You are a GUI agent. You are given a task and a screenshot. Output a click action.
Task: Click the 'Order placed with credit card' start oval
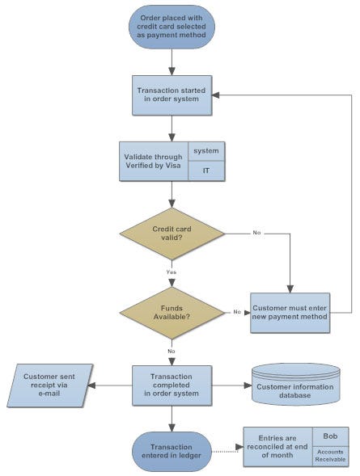[172, 27]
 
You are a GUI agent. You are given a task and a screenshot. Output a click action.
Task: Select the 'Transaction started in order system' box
[172, 95]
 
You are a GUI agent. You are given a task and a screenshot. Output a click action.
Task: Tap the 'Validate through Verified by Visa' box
[153, 162]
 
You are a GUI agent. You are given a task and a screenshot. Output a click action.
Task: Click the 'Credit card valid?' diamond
[172, 234]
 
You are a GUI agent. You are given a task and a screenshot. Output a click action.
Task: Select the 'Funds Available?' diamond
[172, 312]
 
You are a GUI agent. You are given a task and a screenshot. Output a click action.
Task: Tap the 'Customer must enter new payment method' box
[290, 313]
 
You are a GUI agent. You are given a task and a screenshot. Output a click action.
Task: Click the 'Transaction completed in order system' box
[172, 385]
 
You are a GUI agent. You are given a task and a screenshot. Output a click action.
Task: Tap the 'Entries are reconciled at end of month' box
[278, 447]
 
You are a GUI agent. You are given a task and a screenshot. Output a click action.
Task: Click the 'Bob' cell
[330, 436]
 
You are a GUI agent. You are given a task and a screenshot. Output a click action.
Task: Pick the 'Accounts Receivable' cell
[330, 457]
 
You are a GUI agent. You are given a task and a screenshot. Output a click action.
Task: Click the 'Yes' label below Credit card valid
[172, 272]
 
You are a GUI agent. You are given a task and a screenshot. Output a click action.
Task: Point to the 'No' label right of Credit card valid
[256, 234]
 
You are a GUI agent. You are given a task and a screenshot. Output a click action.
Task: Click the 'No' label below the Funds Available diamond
[172, 351]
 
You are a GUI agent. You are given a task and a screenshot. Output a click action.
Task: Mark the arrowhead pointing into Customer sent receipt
[91, 385]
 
